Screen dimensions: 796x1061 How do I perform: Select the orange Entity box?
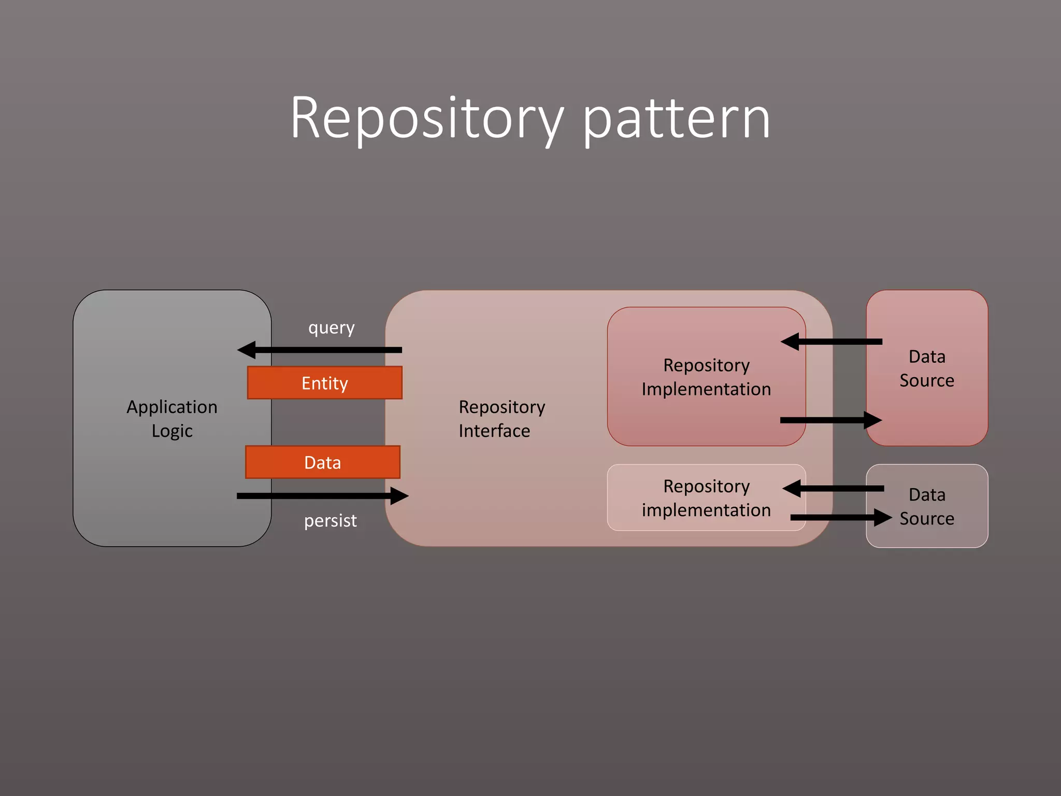(x=325, y=383)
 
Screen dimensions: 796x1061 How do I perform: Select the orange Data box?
(x=323, y=462)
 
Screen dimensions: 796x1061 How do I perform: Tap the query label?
(x=331, y=328)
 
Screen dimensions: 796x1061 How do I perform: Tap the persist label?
(x=330, y=520)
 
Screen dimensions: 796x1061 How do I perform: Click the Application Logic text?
(x=172, y=419)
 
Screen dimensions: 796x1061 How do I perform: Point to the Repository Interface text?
(x=501, y=419)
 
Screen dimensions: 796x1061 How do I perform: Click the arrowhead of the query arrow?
(x=247, y=350)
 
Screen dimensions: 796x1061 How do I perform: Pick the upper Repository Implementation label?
(x=706, y=377)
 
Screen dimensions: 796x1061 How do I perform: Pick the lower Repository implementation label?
(x=706, y=498)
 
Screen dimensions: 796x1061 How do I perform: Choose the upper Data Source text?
(x=927, y=368)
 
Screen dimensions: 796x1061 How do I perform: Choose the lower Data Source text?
(x=927, y=506)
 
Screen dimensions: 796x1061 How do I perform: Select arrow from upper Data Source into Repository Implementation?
(x=834, y=342)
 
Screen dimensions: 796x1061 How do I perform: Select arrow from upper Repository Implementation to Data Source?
(x=829, y=420)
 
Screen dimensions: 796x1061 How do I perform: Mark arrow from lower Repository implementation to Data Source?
(x=839, y=517)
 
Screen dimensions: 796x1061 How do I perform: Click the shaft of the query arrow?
(x=332, y=350)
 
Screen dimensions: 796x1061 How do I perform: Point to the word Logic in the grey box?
(x=172, y=431)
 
